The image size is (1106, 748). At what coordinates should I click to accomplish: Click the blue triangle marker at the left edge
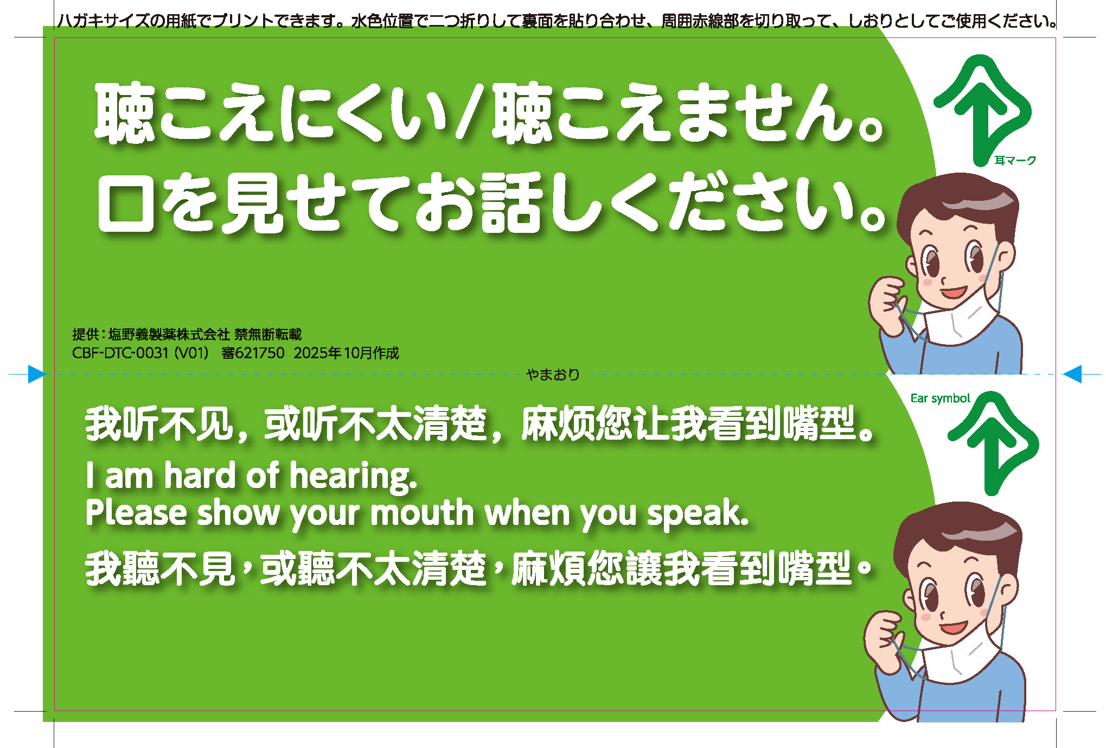[x=36, y=374]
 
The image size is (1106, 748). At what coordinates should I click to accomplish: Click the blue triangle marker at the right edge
[x=1072, y=374]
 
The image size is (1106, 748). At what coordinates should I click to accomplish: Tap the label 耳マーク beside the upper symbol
[x=1015, y=160]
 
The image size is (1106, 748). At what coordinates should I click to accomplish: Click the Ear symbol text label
[x=940, y=398]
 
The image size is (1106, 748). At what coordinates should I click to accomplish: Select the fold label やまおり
[x=553, y=375]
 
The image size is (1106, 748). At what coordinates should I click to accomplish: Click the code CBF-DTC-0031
[x=120, y=353]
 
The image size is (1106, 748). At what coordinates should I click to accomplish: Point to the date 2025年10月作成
[x=346, y=353]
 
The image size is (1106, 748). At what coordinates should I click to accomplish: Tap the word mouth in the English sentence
[x=422, y=513]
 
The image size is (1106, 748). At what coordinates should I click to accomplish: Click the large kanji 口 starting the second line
[x=125, y=204]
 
